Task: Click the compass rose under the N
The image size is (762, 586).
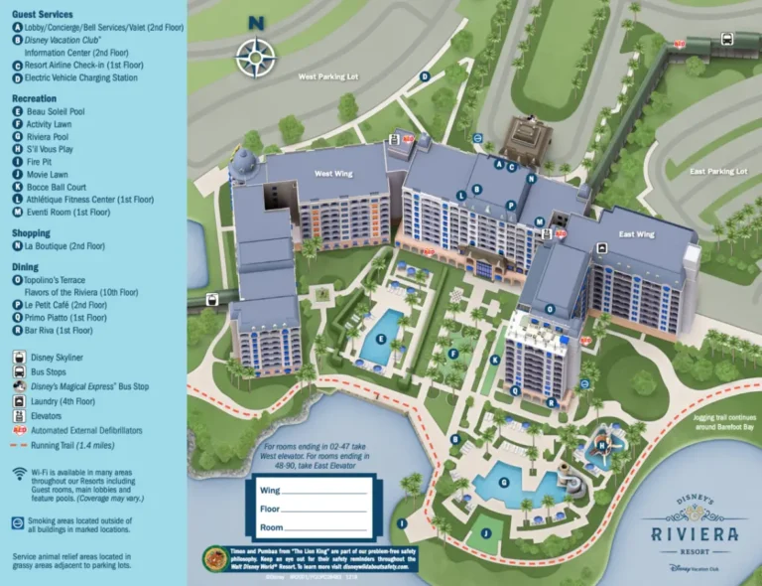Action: pyautogui.click(x=256, y=55)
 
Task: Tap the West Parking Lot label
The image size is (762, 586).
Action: pyautogui.click(x=327, y=76)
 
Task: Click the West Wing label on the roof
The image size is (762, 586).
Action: pyautogui.click(x=333, y=174)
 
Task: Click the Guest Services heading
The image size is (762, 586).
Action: pyautogui.click(x=44, y=14)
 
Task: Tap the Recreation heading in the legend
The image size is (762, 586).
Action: pyautogui.click(x=34, y=99)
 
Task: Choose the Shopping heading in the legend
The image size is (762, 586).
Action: pyautogui.click(x=31, y=233)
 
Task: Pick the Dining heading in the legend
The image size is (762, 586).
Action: pyautogui.click(x=25, y=267)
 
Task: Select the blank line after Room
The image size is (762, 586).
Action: pyautogui.click(x=326, y=527)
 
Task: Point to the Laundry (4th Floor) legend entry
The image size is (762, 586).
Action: pyautogui.click(x=61, y=401)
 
